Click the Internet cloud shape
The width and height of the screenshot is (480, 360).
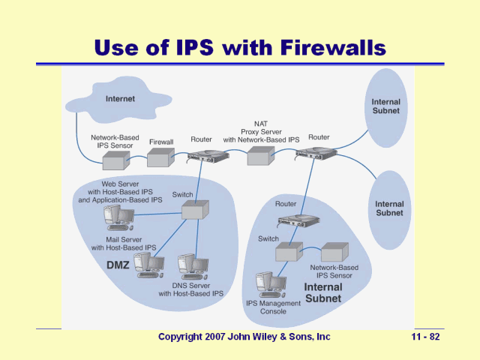click(x=120, y=100)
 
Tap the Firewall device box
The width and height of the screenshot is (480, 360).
click(x=160, y=157)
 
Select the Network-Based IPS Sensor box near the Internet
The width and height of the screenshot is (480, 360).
click(x=116, y=160)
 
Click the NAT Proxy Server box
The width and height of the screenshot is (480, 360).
click(x=259, y=156)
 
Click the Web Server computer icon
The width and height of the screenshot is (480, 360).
click(x=118, y=217)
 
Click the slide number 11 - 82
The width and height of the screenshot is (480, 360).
click(x=424, y=337)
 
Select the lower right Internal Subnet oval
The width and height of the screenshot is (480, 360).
click(x=389, y=208)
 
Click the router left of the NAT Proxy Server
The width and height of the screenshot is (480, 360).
click(x=207, y=156)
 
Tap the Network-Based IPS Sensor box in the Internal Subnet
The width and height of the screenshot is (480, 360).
click(x=334, y=251)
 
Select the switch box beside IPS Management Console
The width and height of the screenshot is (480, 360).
click(x=288, y=251)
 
